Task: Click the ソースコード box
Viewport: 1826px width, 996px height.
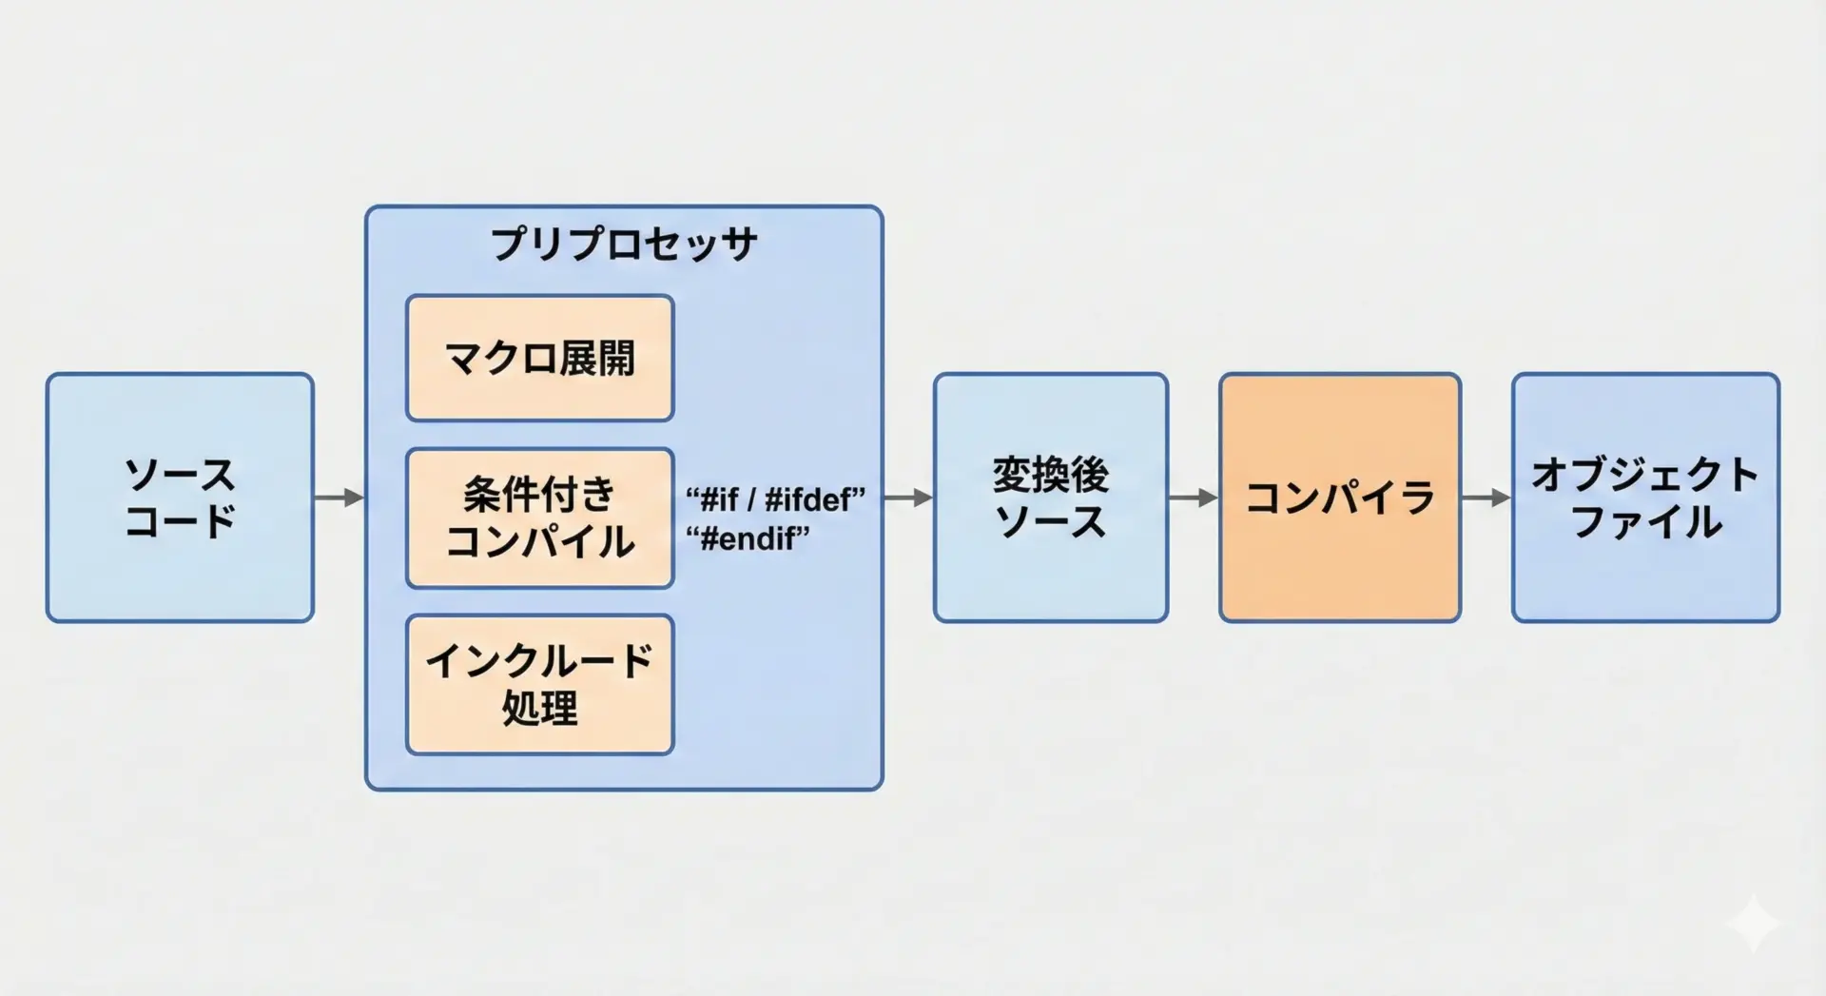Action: coord(180,497)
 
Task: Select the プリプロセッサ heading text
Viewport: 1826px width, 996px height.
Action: coord(624,244)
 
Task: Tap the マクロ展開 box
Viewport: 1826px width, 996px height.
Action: coord(539,358)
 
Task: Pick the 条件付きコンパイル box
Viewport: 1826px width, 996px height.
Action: coord(539,518)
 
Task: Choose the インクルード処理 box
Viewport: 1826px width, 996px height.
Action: coord(539,684)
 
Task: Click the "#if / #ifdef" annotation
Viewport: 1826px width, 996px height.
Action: coord(775,498)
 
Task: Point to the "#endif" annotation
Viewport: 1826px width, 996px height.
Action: coord(748,538)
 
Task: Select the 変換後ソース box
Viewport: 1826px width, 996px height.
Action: coord(1050,497)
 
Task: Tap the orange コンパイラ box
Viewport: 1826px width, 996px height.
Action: coord(1339,497)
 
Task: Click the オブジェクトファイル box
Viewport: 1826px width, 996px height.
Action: coord(1644,497)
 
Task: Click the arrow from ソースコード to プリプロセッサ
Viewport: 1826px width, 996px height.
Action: coord(340,497)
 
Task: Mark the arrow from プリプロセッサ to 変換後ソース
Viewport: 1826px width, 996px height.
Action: coord(908,497)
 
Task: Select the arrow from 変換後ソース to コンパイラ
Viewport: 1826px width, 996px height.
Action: coord(1194,497)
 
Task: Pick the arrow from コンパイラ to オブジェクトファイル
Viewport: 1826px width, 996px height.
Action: coord(1486,497)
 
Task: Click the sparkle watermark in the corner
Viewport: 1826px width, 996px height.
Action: coord(1753,922)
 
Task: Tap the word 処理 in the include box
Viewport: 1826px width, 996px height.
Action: coord(539,708)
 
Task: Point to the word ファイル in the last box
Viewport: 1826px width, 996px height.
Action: coord(1646,522)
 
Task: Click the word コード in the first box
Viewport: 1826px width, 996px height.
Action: coord(180,521)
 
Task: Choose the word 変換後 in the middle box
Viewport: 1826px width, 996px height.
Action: coord(1050,475)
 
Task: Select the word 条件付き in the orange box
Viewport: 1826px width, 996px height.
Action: coord(539,495)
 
